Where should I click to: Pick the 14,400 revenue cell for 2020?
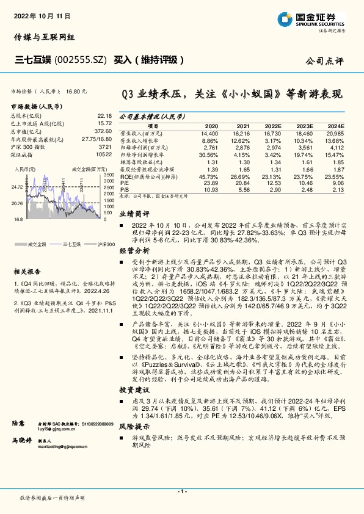(209, 132)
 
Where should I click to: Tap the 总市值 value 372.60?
(103, 131)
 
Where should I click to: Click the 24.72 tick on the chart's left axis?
(17, 187)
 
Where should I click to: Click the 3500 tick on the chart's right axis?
(109, 175)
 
